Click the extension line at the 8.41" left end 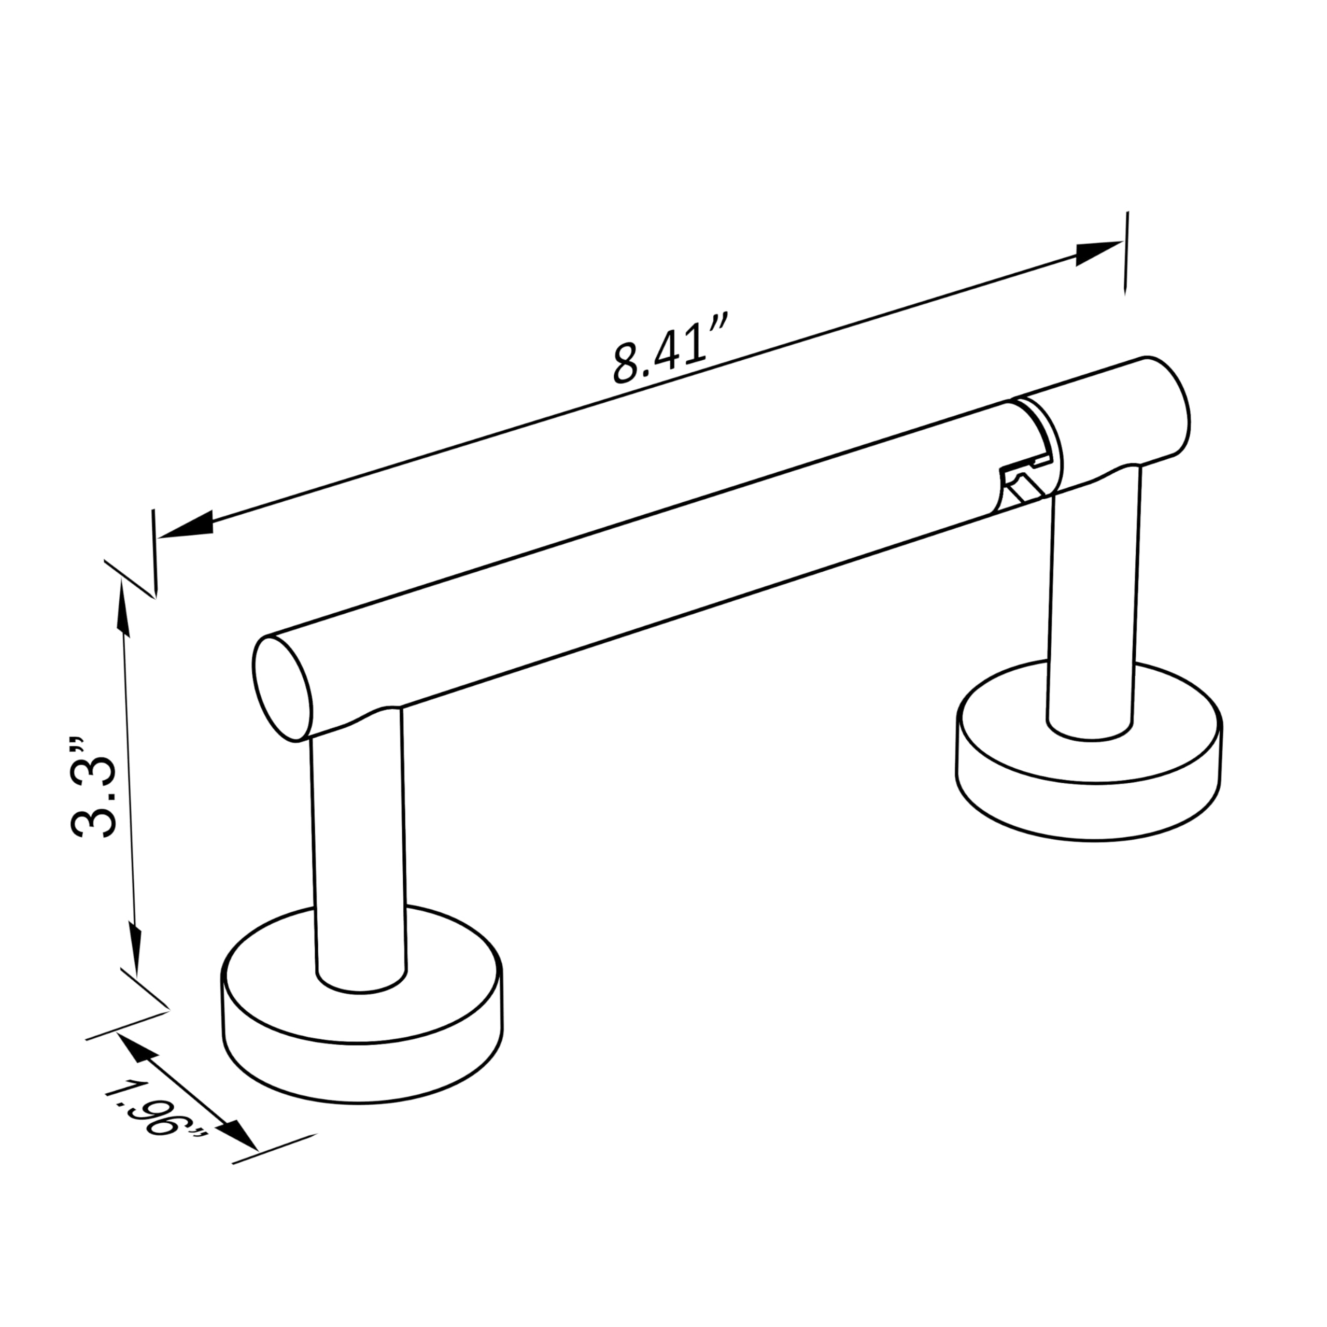[154, 553]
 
